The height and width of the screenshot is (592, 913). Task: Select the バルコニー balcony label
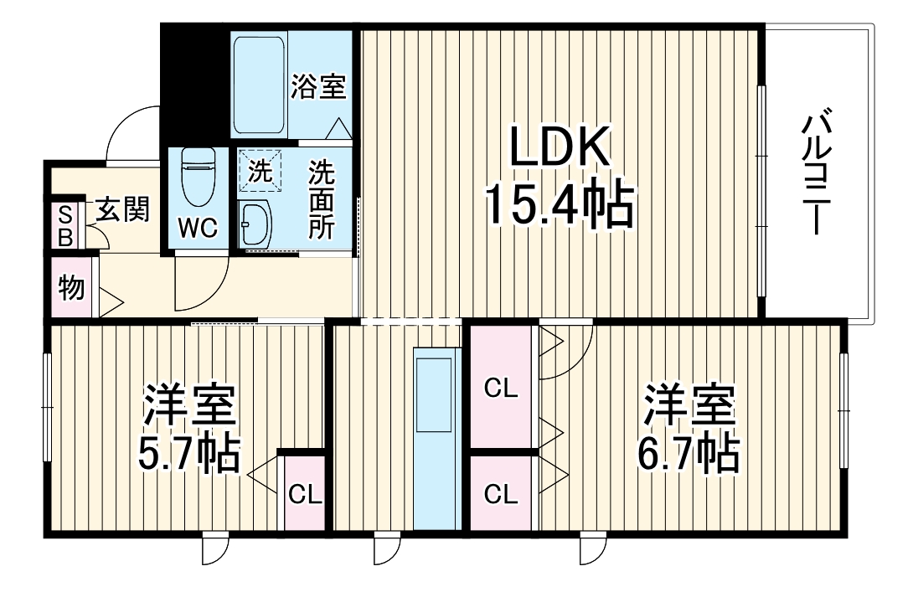(816, 176)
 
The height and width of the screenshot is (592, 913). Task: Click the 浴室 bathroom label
(319, 86)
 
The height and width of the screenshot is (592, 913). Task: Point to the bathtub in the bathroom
(260, 84)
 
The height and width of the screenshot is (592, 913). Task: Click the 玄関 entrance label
(122, 209)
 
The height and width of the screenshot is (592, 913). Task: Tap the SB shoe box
(65, 225)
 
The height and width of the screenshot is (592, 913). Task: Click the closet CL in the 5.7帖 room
(305, 493)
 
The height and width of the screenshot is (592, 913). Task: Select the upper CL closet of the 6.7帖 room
(502, 388)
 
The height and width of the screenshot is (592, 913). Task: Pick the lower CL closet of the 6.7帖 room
(502, 493)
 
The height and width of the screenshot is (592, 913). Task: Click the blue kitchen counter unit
(436, 438)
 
